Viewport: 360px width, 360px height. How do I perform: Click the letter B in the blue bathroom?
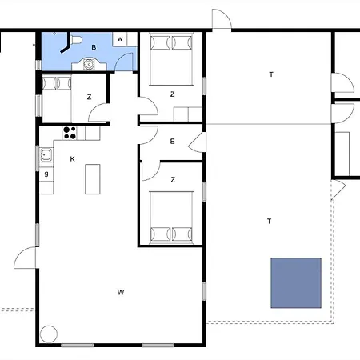94,47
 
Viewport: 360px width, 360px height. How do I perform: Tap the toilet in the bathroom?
76,40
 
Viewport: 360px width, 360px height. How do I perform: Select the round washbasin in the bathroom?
89,64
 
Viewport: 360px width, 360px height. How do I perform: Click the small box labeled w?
120,39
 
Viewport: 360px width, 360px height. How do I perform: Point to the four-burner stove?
70,133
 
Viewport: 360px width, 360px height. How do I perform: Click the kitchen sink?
46,154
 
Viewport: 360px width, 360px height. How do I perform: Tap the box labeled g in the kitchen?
46,174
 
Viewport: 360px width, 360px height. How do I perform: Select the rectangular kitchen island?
93,179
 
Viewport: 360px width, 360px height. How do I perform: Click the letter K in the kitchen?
72,159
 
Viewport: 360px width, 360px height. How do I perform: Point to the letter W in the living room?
121,292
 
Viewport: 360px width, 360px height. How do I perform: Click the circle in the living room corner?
49,334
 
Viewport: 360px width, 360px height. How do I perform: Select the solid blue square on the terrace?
296,283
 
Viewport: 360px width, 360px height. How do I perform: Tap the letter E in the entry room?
172,142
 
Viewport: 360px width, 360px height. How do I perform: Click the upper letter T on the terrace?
271,74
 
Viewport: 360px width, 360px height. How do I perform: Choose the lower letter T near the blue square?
270,221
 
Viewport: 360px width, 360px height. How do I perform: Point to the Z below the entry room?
173,180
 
